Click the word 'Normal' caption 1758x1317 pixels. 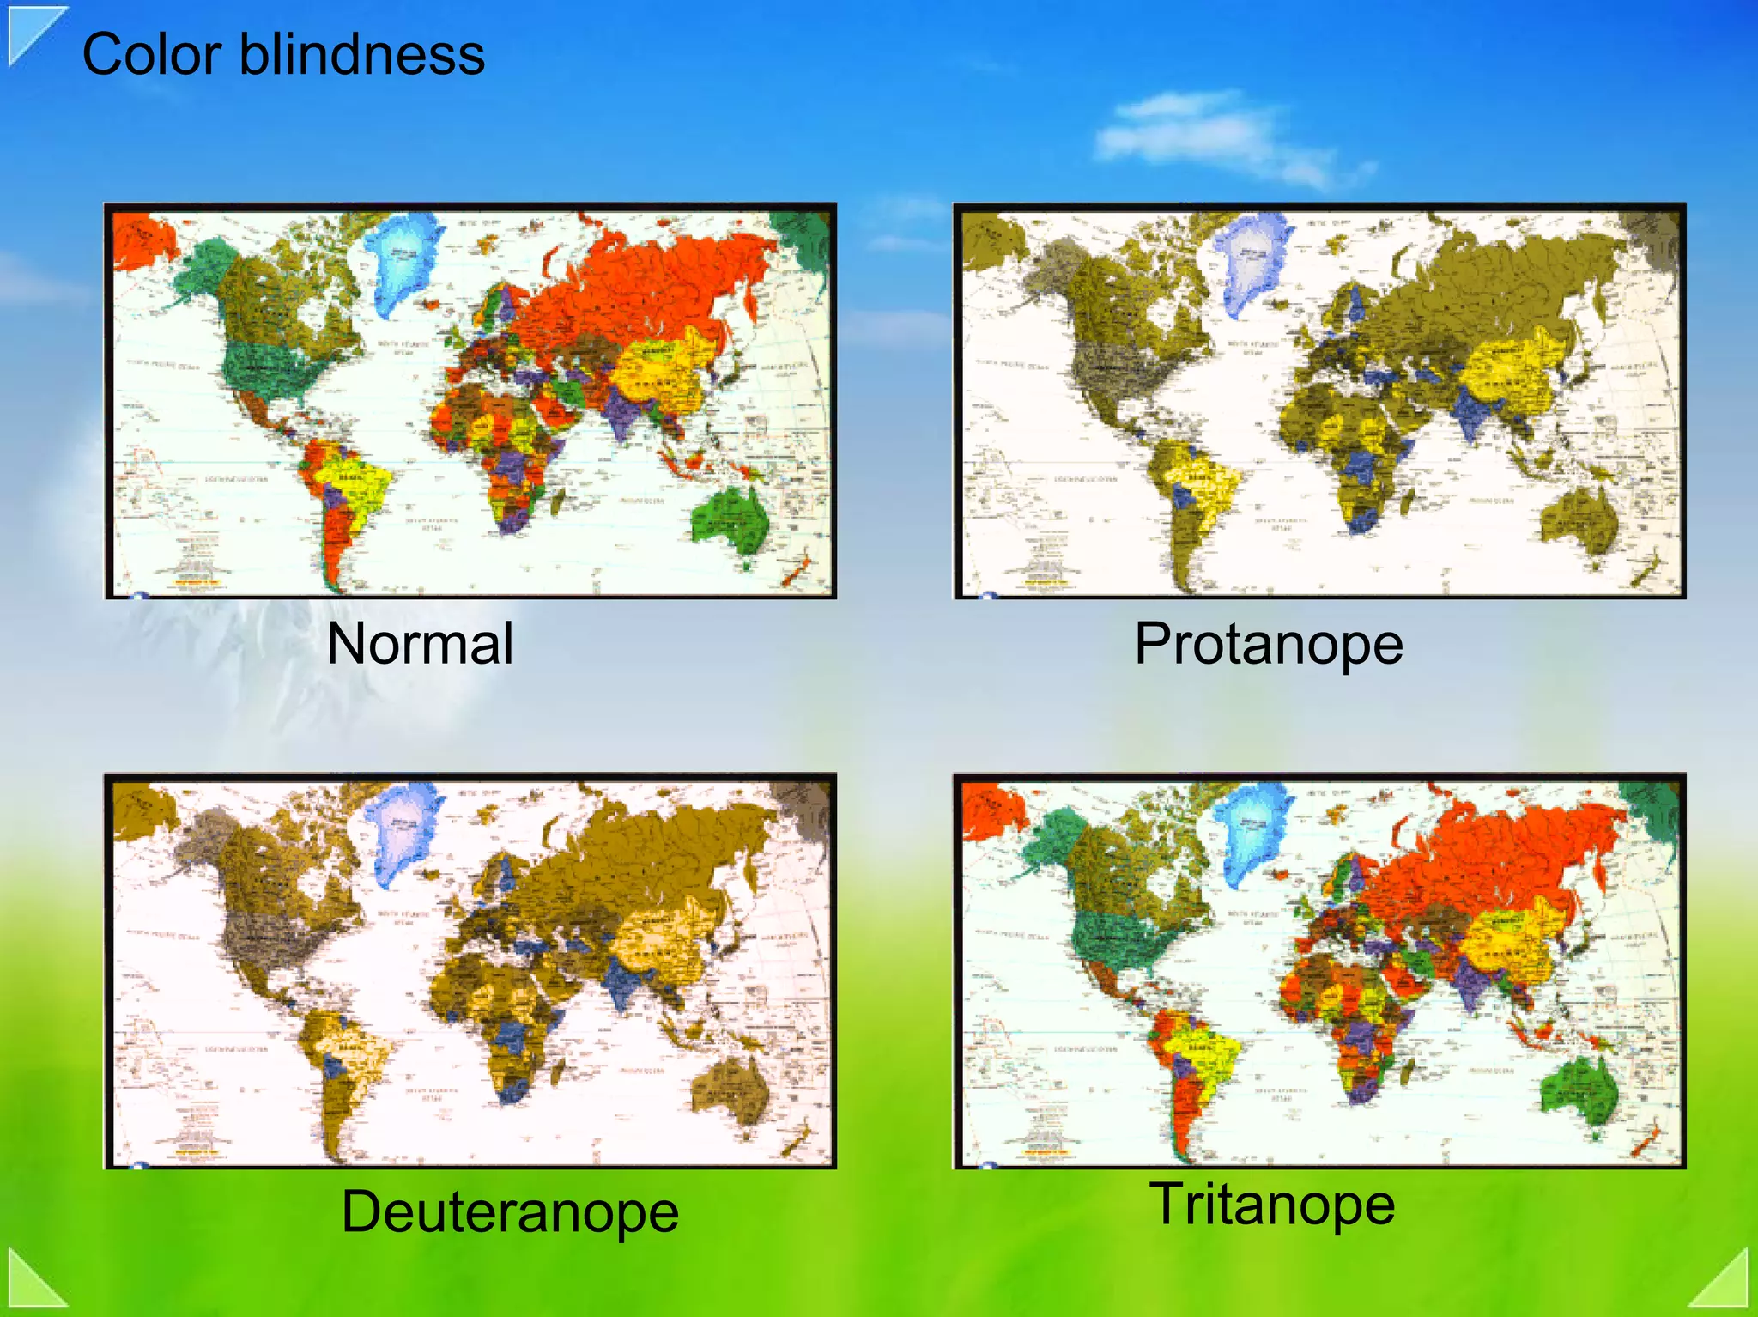(420, 644)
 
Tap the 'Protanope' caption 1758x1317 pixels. (1268, 644)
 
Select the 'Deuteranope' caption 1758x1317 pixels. (510, 1211)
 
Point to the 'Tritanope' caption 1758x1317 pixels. (1272, 1204)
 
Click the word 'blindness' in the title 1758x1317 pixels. (361, 54)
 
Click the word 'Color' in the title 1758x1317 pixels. (152, 54)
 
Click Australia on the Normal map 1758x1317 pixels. (730, 519)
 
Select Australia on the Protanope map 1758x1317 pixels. (1580, 519)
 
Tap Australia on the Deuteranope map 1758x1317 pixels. (730, 1089)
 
